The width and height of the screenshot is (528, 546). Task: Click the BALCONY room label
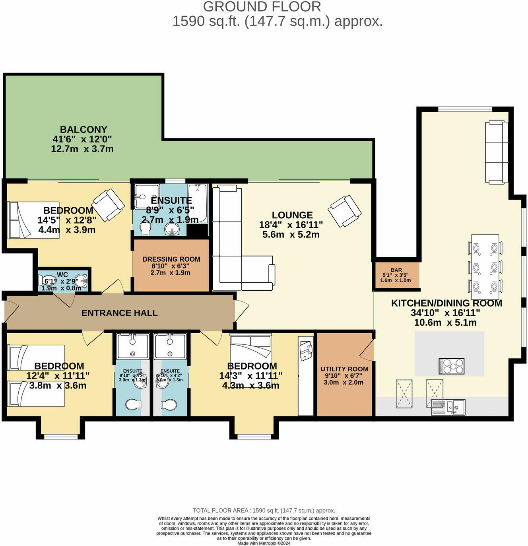pos(83,130)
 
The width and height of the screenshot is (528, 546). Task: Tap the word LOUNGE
pos(292,215)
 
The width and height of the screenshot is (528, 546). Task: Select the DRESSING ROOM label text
pos(171,259)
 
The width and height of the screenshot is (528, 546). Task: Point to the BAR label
pos(396,270)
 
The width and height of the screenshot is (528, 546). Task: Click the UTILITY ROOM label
pos(344,369)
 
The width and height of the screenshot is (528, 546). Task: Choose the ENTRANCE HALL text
pos(119,313)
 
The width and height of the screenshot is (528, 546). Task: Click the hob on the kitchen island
pos(451,366)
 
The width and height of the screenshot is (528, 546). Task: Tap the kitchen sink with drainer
pos(448,407)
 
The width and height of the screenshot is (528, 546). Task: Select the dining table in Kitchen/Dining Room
pos(485,267)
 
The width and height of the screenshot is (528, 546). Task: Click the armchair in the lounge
pos(344,211)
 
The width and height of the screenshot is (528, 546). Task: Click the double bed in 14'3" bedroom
pos(250,358)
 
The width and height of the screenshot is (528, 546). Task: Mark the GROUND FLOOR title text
pos(262,7)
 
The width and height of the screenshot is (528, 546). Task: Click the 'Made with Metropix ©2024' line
pos(264,543)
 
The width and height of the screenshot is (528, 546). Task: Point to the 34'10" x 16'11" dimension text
pos(445,313)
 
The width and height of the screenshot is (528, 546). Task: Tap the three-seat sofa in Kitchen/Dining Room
pos(497,153)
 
